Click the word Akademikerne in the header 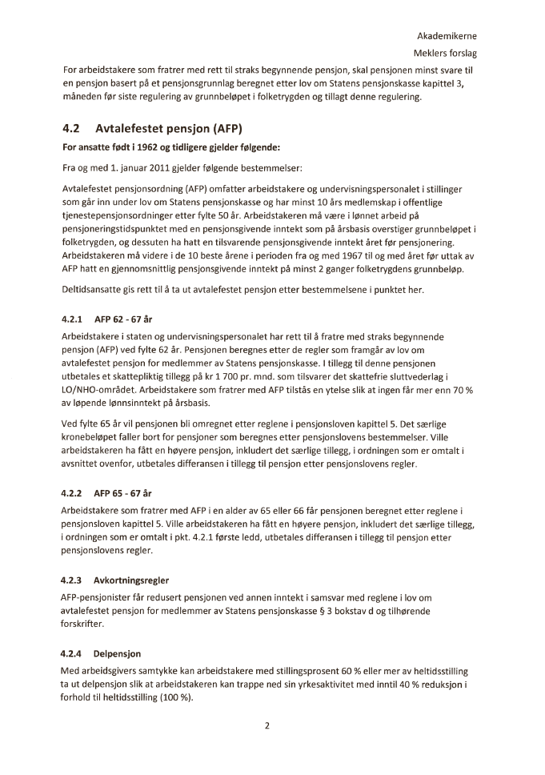click(x=447, y=36)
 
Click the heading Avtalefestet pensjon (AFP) click(x=169, y=127)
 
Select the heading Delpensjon click(x=115, y=653)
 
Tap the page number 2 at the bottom click(x=267, y=726)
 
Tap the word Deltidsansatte click(x=94, y=289)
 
